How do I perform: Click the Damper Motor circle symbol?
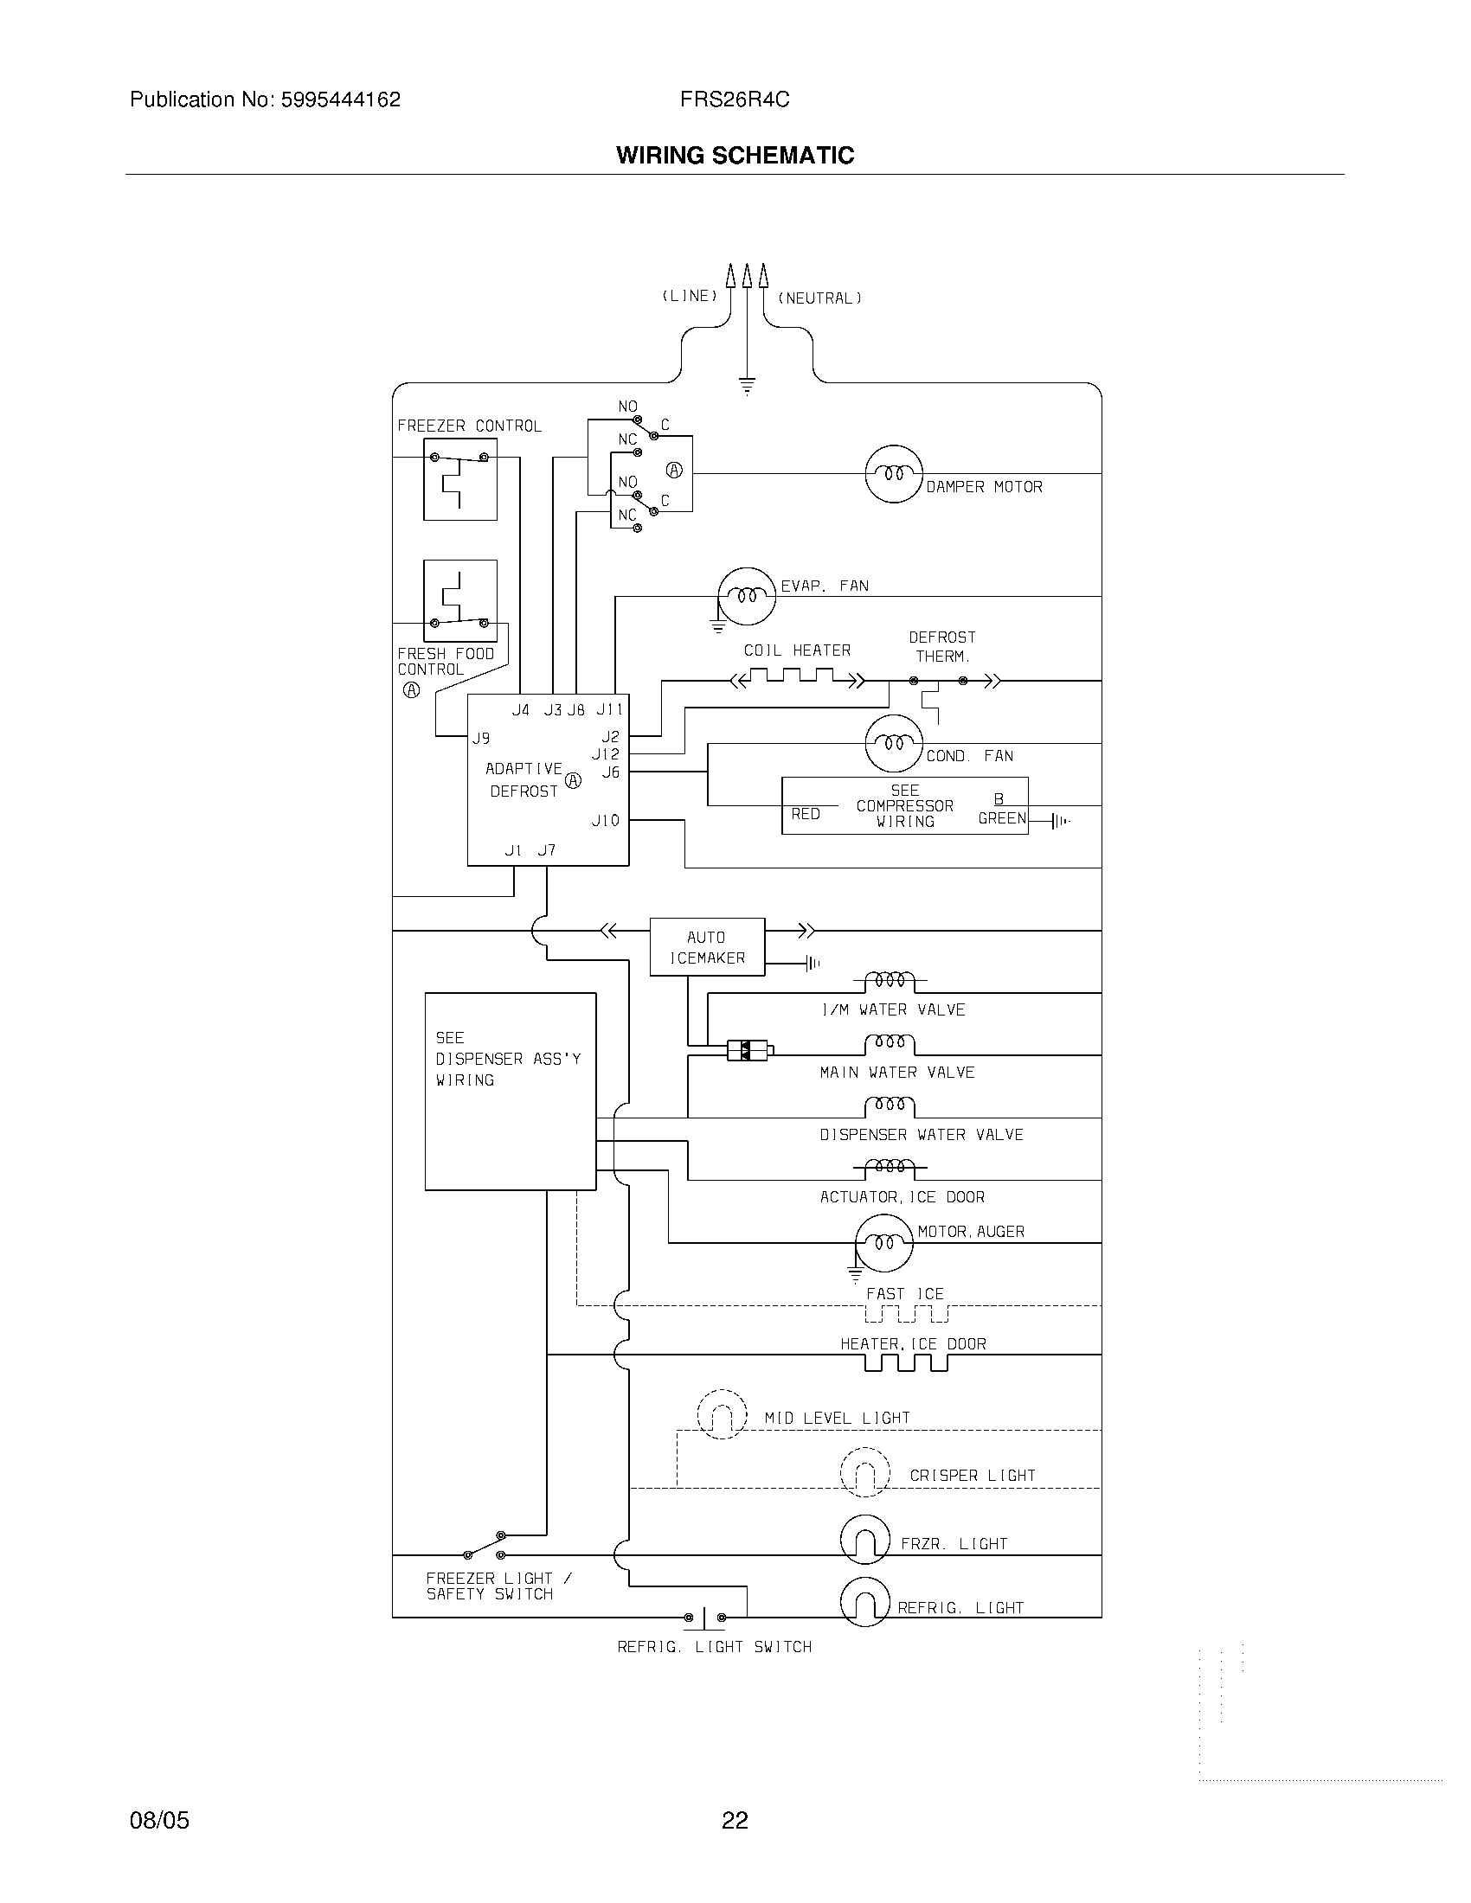(893, 473)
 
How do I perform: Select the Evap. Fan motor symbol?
(746, 596)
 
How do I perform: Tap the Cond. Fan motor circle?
(893, 743)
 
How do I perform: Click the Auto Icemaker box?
(707, 947)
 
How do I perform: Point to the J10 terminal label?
(606, 820)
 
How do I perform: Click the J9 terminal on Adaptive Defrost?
(481, 738)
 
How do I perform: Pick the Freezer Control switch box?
(460, 479)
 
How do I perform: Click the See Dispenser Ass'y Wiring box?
(510, 1091)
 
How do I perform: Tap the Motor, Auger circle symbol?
(883, 1242)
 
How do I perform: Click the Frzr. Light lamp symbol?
(864, 1541)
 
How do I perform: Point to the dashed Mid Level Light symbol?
(723, 1414)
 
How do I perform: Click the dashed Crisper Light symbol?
(864, 1471)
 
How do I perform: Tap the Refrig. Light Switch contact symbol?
(704, 1618)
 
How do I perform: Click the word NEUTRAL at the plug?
(819, 298)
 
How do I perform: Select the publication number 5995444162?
(339, 99)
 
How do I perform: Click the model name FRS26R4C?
(735, 99)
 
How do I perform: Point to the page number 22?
(735, 1820)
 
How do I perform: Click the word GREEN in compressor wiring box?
(1001, 818)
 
